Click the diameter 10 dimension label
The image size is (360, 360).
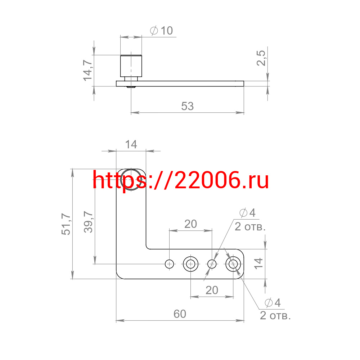tap(161, 31)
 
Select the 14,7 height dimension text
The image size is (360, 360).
tap(88, 71)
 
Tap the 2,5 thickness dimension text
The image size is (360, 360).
tap(261, 58)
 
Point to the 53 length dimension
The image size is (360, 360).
tap(187, 106)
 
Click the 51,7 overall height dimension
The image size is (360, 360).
tap(66, 224)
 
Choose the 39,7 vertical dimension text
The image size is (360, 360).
tap(89, 222)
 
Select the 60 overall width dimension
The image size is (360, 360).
tap(180, 314)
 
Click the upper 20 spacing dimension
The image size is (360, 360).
tap(190, 224)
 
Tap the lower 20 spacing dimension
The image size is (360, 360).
tap(212, 290)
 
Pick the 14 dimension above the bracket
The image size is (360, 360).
tap(131, 145)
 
